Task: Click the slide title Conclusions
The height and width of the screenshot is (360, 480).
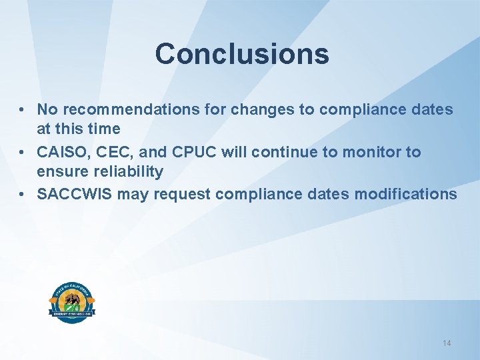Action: pyautogui.click(x=242, y=54)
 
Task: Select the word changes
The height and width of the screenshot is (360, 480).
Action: pyautogui.click(x=255, y=109)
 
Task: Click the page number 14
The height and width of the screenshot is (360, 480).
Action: pyautogui.click(x=447, y=343)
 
